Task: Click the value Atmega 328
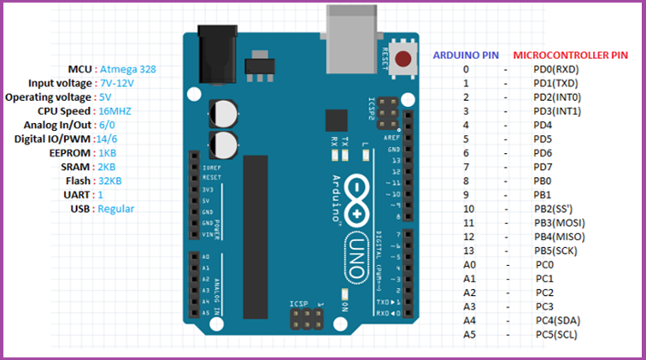[128, 68]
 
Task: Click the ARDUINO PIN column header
[467, 54]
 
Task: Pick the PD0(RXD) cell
[555, 69]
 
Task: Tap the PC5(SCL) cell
[556, 333]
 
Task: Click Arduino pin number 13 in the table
[467, 251]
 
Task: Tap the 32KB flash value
[109, 181]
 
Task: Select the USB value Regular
[115, 209]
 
